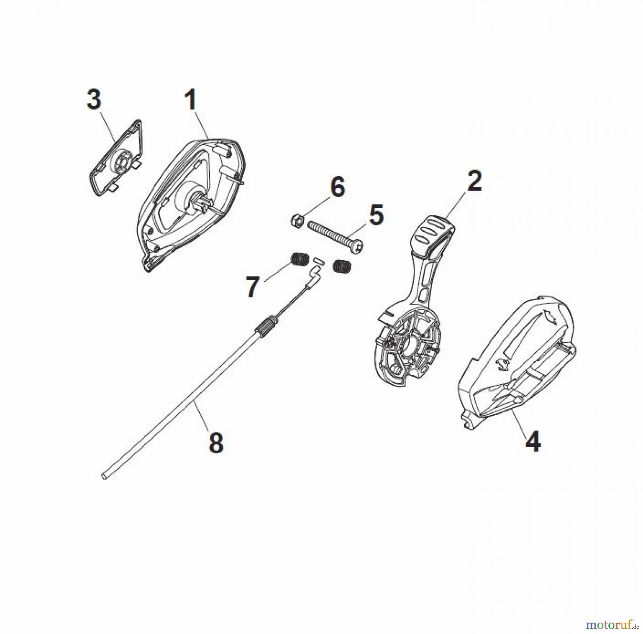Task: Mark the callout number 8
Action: coord(216,443)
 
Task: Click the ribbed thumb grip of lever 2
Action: coord(433,233)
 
